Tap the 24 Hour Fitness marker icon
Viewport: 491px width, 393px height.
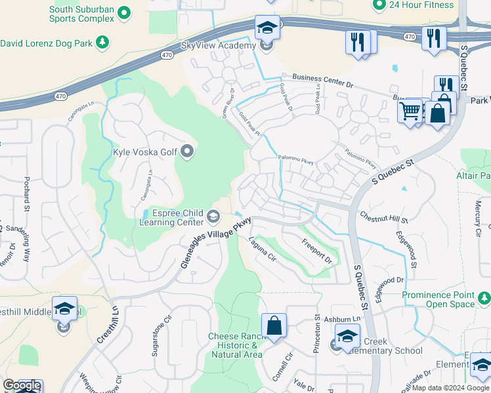[x=379, y=5]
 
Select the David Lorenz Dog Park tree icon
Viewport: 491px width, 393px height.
[x=102, y=43]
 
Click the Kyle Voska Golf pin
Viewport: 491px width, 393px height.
[x=188, y=152]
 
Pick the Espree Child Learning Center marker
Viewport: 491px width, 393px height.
[x=213, y=216]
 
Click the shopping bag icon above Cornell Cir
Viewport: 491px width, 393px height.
[x=274, y=325]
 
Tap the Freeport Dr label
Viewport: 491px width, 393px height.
[x=317, y=252]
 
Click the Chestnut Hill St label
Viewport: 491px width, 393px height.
[x=384, y=217]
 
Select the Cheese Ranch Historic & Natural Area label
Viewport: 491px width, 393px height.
[x=236, y=345]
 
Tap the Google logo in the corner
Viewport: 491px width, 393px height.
[x=22, y=386]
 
